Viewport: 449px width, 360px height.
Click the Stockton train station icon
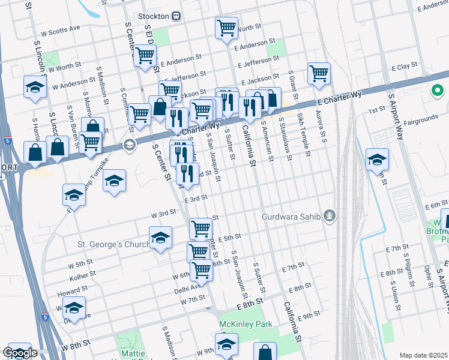(x=176, y=16)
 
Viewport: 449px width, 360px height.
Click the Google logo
(x=20, y=353)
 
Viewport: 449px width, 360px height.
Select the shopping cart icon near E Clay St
(x=319, y=73)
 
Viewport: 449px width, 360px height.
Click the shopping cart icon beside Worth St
(x=226, y=28)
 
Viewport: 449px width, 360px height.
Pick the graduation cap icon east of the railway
(x=377, y=159)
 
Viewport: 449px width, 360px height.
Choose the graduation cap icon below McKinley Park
(x=226, y=344)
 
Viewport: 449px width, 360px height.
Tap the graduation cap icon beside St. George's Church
(x=160, y=238)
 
